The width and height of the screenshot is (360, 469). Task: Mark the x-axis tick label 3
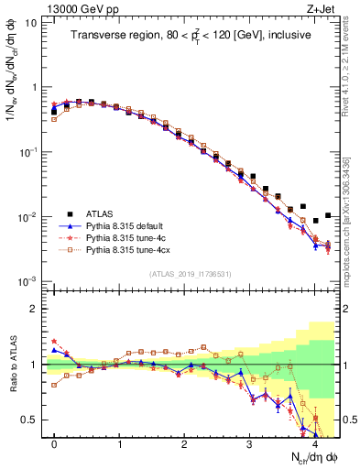point(249,442)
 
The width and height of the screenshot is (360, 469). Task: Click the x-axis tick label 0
point(54,442)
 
